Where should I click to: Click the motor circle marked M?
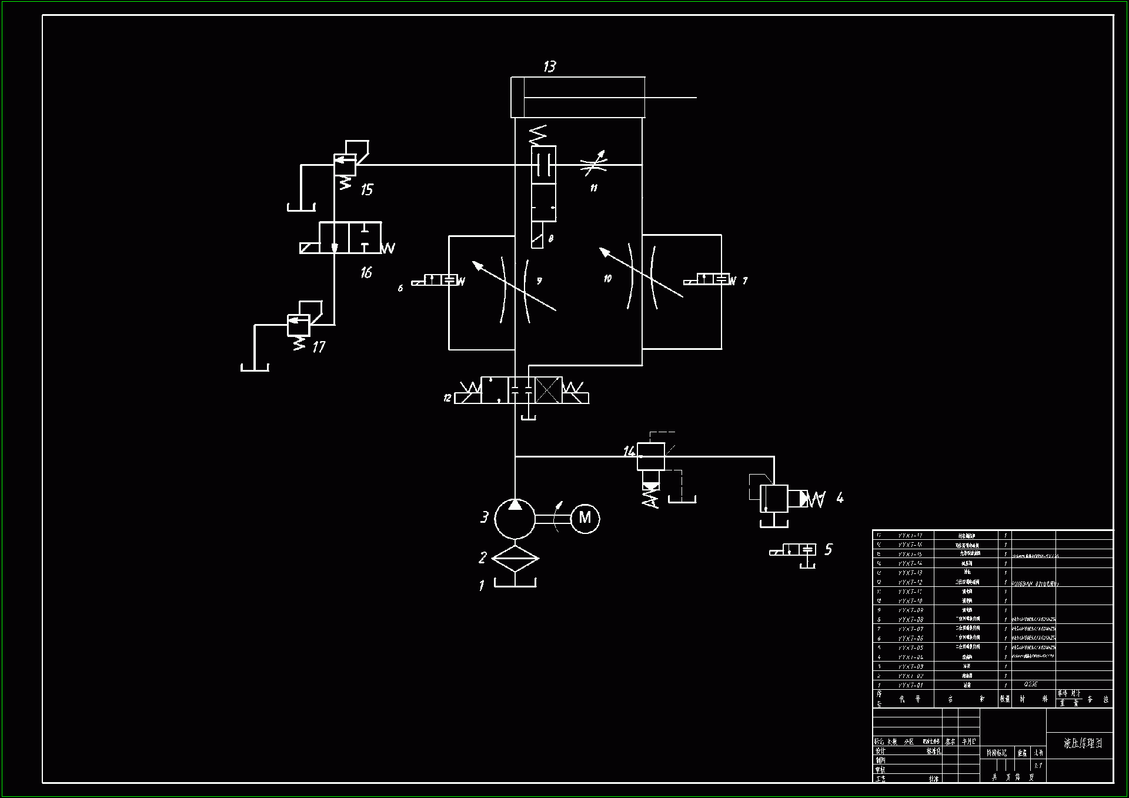pos(585,519)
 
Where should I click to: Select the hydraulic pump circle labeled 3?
pos(515,519)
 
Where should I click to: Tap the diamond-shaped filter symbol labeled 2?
pos(515,558)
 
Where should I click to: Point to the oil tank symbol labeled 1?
pos(515,583)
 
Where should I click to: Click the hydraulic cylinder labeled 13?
pos(578,98)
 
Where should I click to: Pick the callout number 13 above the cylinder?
pos(550,66)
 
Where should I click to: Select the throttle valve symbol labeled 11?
pos(593,165)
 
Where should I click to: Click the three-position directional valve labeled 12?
pos(522,390)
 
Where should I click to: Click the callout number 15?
pos(367,189)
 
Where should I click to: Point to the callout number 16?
pos(366,272)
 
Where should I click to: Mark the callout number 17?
pos(319,347)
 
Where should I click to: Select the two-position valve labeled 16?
pos(350,238)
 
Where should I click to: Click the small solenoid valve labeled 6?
pos(435,281)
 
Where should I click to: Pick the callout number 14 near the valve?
pos(629,451)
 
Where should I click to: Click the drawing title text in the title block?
pos(1083,743)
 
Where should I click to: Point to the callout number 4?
pos(840,498)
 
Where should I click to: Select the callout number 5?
pos(829,549)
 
